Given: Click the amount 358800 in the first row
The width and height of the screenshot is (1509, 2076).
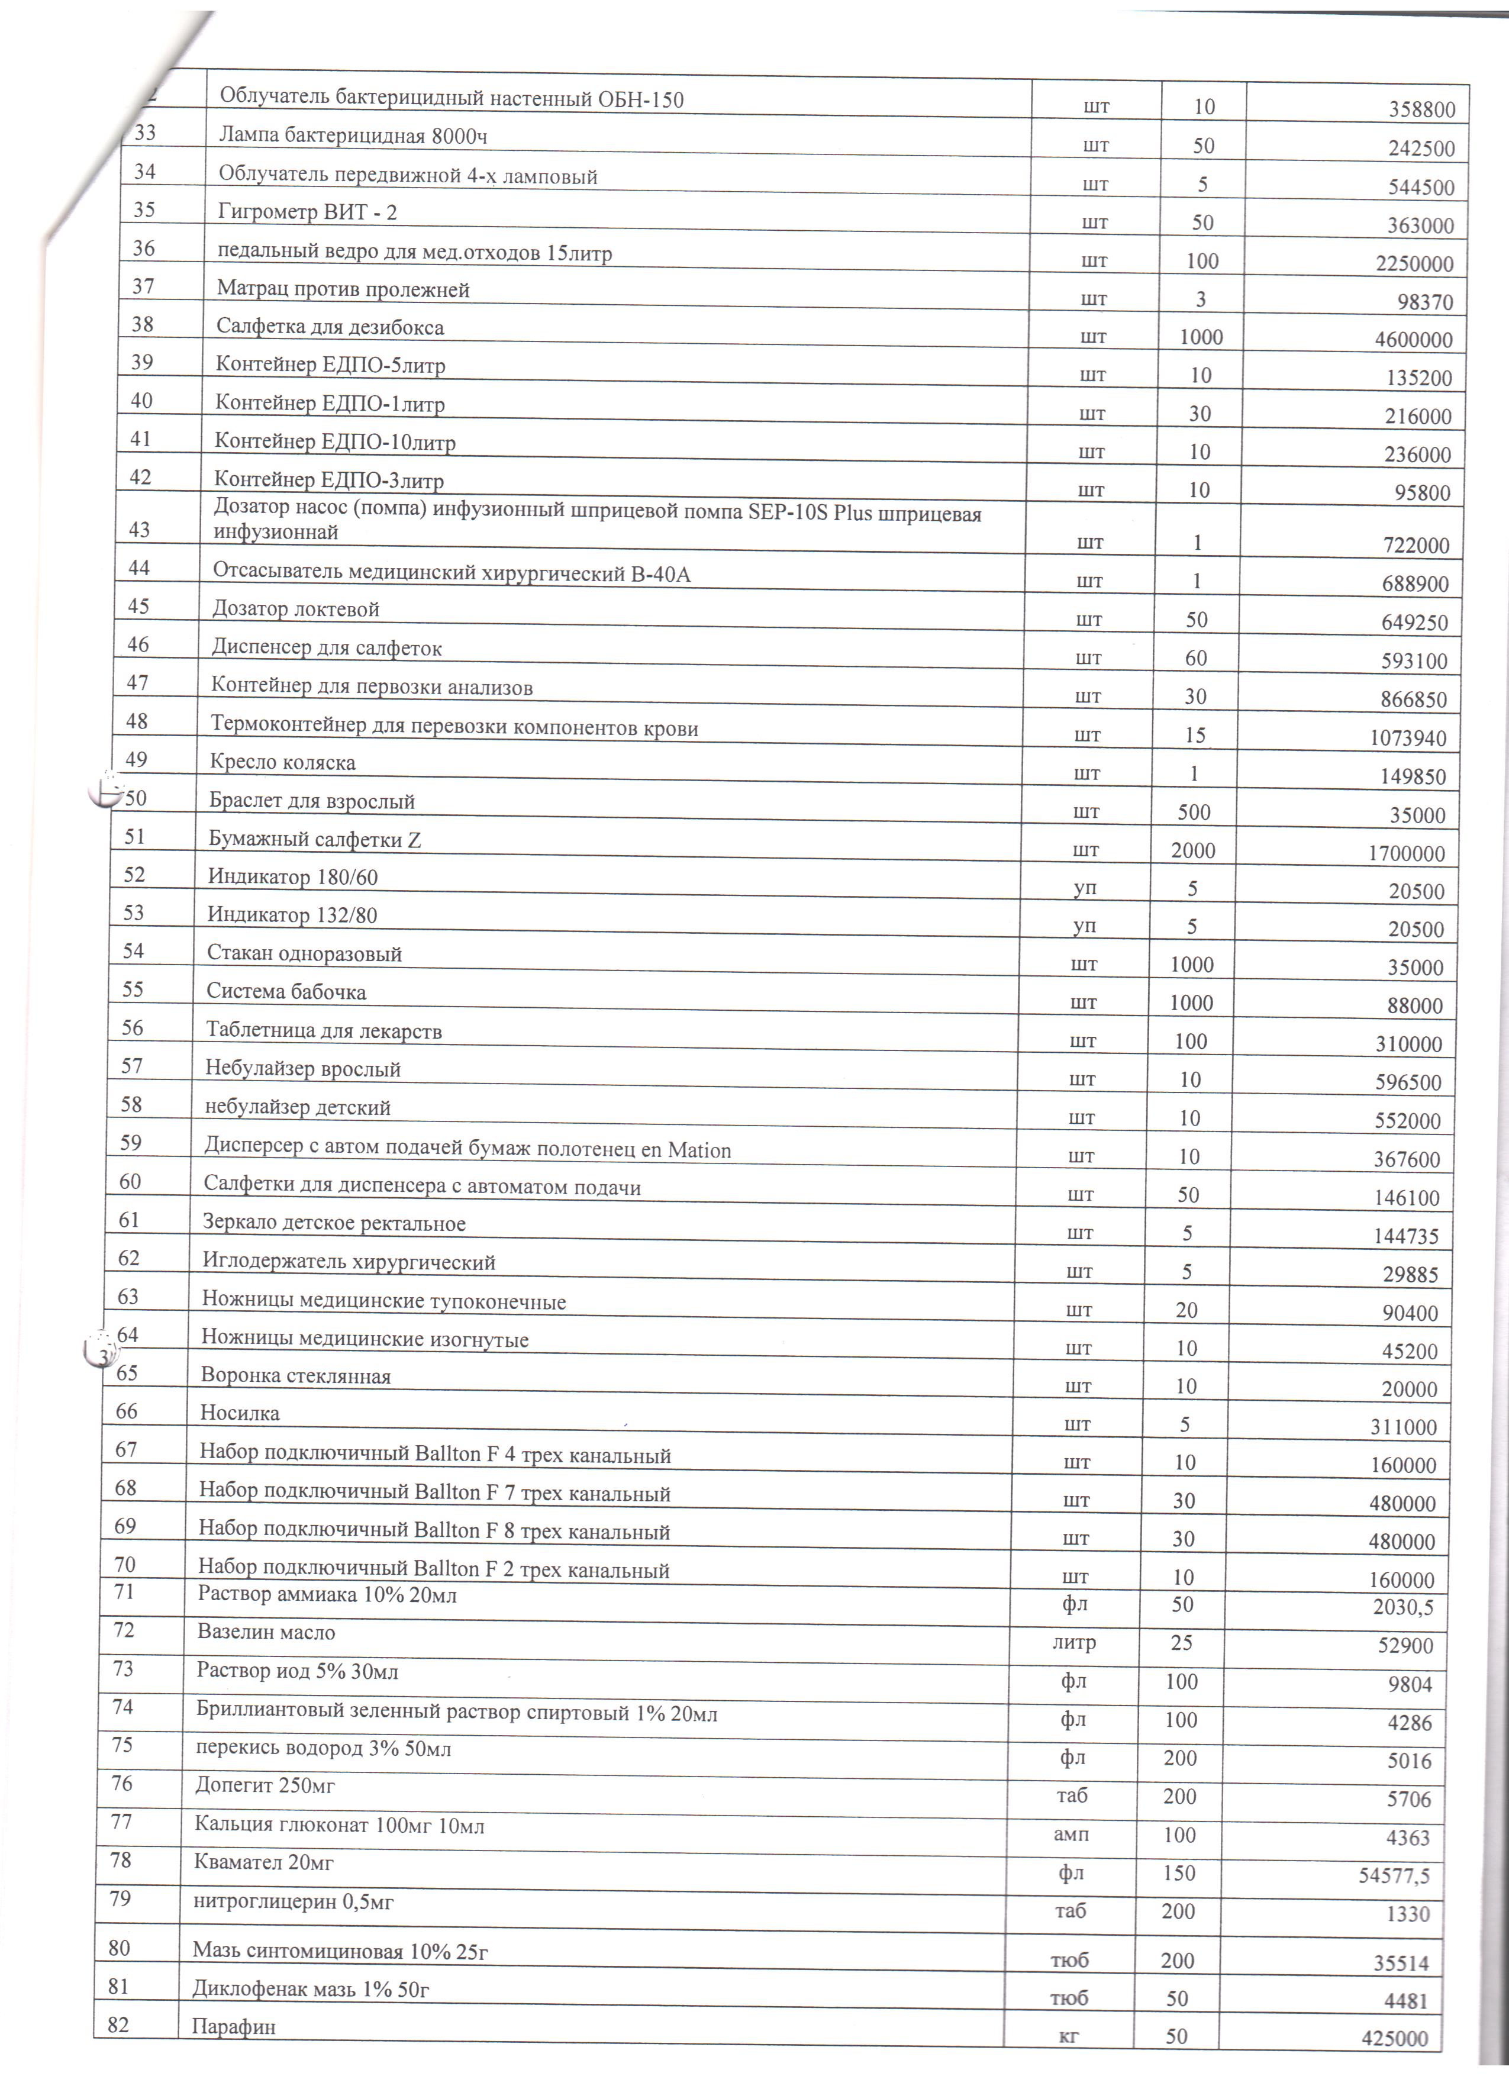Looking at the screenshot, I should (x=1421, y=111).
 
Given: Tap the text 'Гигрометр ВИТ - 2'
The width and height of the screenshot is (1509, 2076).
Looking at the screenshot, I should (x=308, y=212).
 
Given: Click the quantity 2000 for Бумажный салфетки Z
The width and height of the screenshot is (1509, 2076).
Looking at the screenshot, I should (x=1193, y=851).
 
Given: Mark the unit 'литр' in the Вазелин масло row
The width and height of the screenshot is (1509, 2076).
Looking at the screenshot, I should (x=1073, y=1643).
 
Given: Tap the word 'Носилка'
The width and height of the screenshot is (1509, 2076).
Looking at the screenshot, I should (x=240, y=1413).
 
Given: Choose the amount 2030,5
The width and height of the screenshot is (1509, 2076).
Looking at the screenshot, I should (x=1403, y=1607).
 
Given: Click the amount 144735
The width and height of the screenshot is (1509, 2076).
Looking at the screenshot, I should (x=1405, y=1237).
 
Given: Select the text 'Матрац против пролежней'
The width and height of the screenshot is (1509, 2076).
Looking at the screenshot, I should (x=343, y=290).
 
